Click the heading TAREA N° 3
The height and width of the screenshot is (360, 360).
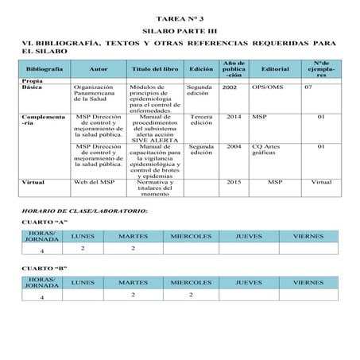pyautogui.click(x=180, y=16)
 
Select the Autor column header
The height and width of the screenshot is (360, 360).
pyautogui.click(x=99, y=69)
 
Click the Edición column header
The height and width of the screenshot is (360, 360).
pyautogui.click(x=200, y=69)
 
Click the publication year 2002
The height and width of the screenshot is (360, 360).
pyautogui.click(x=230, y=87)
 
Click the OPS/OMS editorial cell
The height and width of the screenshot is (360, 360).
pyautogui.click(x=266, y=87)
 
